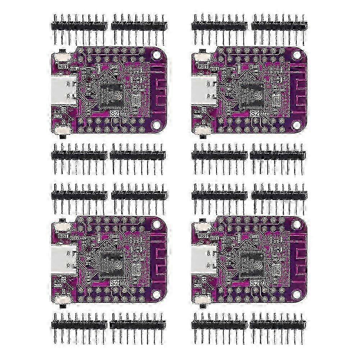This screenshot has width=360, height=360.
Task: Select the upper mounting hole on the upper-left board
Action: click(156, 55)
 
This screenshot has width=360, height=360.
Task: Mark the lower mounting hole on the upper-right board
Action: click(296, 124)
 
